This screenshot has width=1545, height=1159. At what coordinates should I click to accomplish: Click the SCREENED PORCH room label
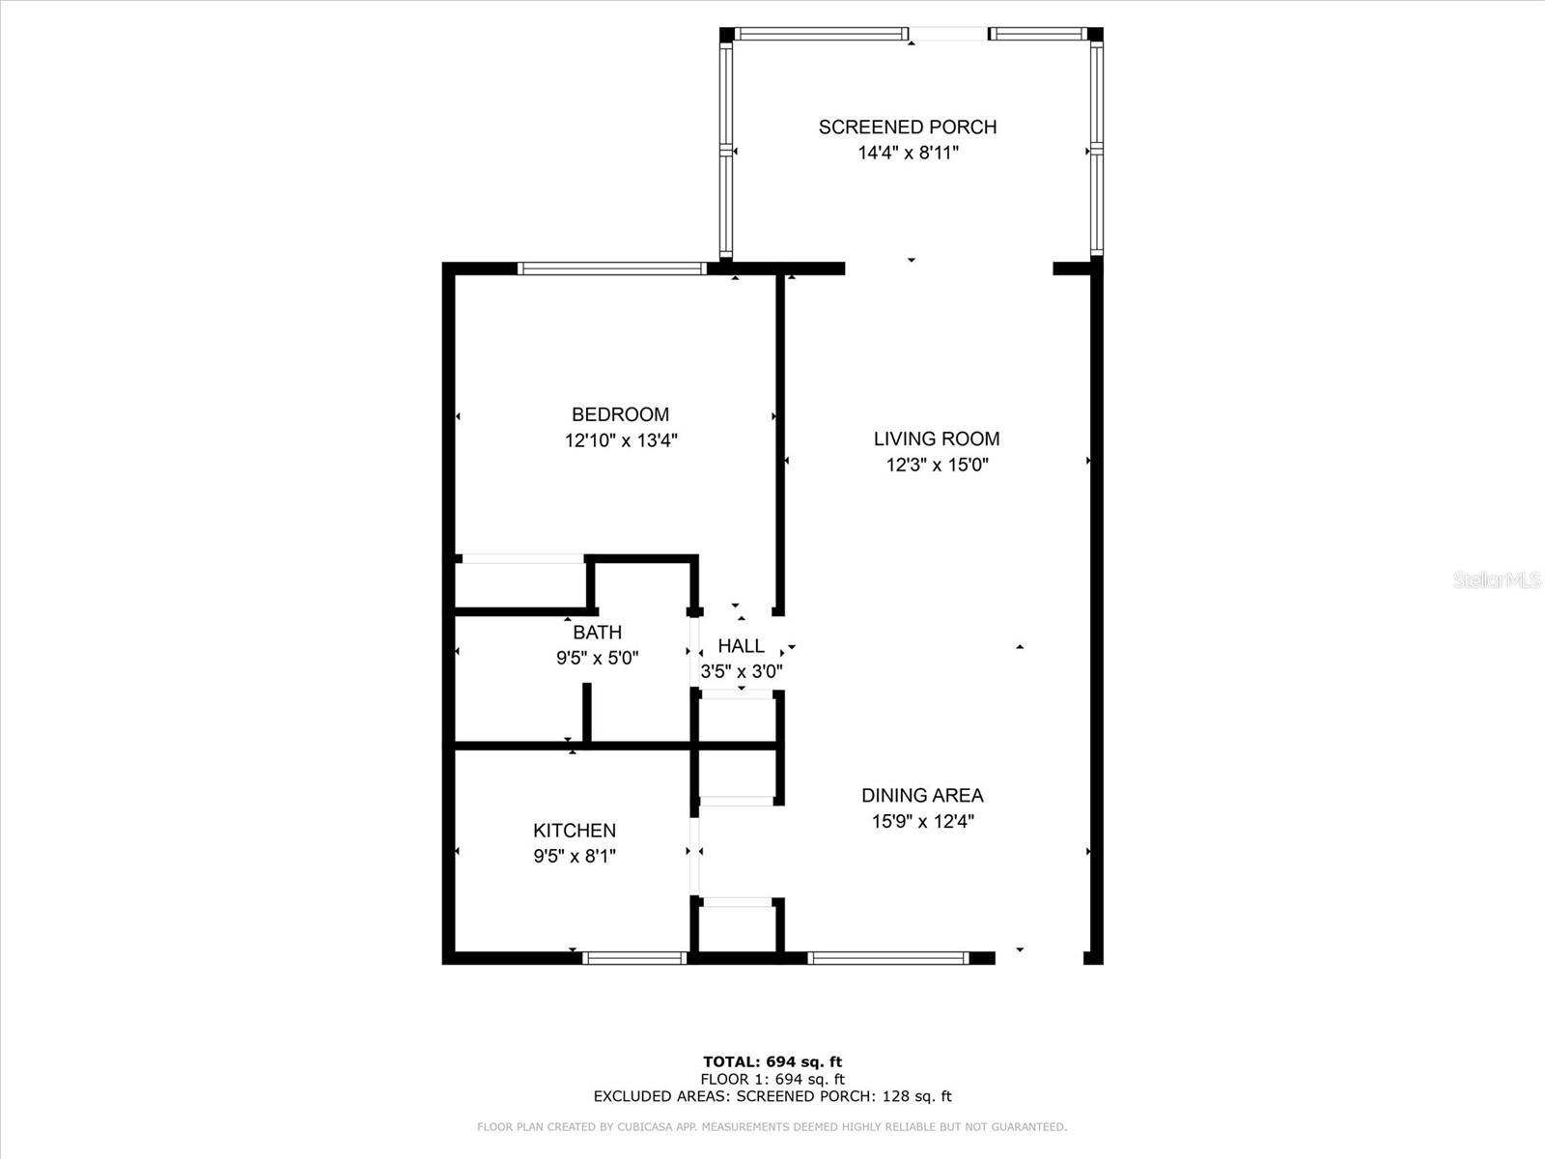tap(907, 127)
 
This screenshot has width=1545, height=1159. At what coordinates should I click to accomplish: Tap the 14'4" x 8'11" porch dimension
tap(907, 153)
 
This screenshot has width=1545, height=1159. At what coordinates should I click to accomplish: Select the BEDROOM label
tap(620, 414)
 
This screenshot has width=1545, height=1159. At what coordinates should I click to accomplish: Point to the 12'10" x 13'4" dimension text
tap(621, 440)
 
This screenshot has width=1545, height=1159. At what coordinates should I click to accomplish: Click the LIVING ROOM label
tap(936, 438)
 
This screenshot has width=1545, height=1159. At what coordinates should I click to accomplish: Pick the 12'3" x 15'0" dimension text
tap(937, 465)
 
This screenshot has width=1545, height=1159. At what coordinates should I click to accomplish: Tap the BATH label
tap(597, 633)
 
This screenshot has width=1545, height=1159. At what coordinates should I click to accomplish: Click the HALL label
tap(741, 646)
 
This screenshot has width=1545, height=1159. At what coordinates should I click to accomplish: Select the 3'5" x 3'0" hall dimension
tap(741, 671)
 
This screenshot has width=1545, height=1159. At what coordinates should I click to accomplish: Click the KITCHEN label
tap(574, 831)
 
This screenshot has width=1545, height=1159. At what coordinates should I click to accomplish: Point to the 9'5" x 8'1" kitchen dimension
tap(574, 856)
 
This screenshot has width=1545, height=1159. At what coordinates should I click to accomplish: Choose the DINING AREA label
tap(922, 796)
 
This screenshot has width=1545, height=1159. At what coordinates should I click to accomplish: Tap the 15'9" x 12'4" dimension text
tap(922, 822)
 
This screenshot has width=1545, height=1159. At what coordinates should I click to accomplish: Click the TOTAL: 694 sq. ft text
tap(772, 1062)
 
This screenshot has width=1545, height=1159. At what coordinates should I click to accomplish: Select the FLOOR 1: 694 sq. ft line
tap(772, 1079)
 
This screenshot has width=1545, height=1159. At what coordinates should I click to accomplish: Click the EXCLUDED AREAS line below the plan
tap(772, 1096)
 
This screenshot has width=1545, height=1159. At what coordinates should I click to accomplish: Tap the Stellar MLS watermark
tap(1497, 580)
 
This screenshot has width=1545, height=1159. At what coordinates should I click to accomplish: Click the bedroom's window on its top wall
tap(611, 269)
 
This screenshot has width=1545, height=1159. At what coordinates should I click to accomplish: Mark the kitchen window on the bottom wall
tap(634, 958)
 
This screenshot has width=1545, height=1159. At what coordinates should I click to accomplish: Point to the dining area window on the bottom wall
tap(886, 958)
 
